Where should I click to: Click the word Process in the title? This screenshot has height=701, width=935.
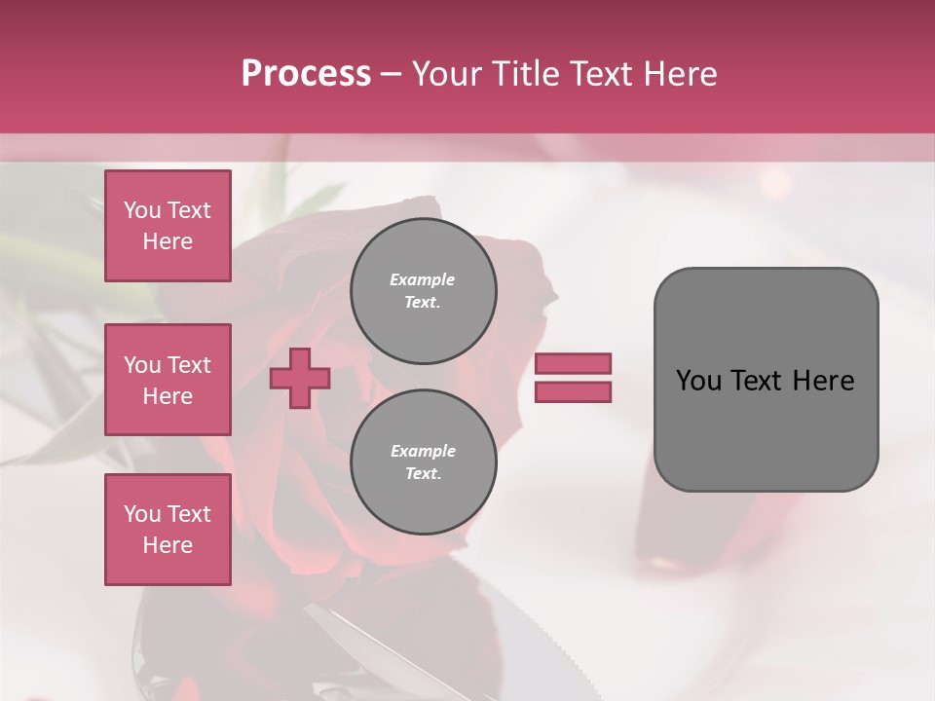coord(306,74)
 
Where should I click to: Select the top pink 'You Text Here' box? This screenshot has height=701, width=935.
coord(168,226)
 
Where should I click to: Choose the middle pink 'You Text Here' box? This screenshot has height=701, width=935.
coord(168,380)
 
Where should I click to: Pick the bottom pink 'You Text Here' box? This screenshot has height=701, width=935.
coord(168,530)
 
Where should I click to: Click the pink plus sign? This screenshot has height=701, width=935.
coord(300,378)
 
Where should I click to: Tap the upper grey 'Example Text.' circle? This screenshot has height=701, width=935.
coord(423,290)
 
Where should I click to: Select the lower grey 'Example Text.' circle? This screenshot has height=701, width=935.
coord(423,461)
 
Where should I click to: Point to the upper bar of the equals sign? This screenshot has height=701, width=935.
coord(573,364)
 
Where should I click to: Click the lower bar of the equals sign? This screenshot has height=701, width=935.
coord(573,392)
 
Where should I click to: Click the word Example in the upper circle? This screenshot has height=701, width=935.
coord(423,279)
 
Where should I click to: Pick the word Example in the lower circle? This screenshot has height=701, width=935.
coord(423,451)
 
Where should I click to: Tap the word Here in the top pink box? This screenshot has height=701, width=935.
coord(168,241)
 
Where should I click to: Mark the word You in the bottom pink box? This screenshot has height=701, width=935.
coord(141,514)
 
